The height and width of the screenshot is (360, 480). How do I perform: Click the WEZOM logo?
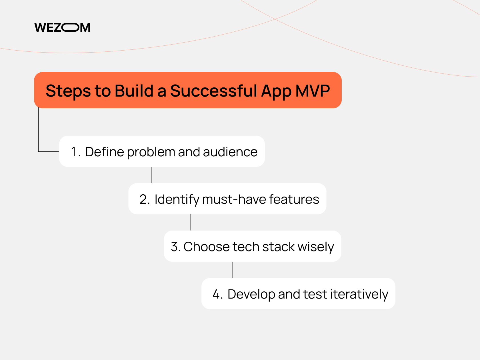pyautogui.click(x=62, y=27)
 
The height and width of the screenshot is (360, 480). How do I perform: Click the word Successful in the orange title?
pyautogui.click(x=213, y=91)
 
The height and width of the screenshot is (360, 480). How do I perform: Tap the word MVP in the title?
pyautogui.click(x=313, y=91)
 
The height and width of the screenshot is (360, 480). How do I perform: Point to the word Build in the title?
pyautogui.click(x=134, y=91)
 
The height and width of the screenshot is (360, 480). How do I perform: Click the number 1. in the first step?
pyautogui.click(x=76, y=152)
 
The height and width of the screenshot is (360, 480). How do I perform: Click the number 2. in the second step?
pyautogui.click(x=145, y=199)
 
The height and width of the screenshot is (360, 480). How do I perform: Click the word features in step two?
pyautogui.click(x=294, y=199)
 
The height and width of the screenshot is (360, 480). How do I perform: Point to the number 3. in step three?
pyautogui.click(x=175, y=247)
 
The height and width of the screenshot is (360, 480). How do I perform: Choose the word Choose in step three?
pyautogui.click(x=206, y=247)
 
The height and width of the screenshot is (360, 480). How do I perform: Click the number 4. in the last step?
pyautogui.click(x=217, y=294)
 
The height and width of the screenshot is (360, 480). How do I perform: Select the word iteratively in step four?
pyautogui.click(x=359, y=294)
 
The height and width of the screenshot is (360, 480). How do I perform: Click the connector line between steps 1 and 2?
pyautogui.click(x=152, y=175)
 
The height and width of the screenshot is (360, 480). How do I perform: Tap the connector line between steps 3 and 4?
pyautogui.click(x=232, y=270)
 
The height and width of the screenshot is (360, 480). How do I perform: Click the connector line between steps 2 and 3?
pyautogui.click(x=190, y=222)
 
